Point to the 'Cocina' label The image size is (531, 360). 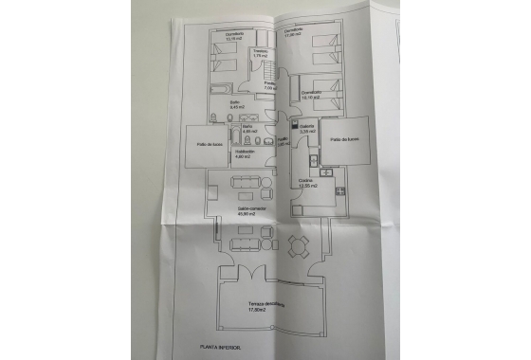pos(305,179)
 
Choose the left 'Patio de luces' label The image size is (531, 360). pos(211,144)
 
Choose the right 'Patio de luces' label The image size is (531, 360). pos(345,138)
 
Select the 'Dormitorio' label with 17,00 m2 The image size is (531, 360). pos(292,29)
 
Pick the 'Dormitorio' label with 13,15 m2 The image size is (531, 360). pos(235,34)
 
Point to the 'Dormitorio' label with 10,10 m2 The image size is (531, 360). pos(312,92)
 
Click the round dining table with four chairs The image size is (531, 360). pos(297,248)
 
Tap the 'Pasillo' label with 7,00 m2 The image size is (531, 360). pos(269,85)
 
